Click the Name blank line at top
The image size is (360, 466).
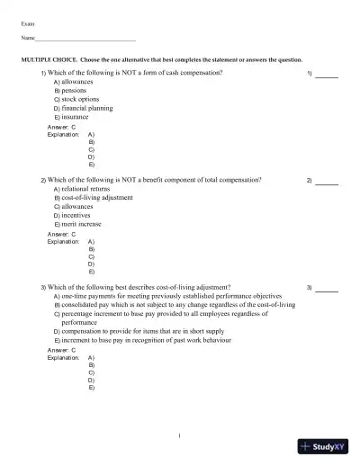click(x=85, y=40)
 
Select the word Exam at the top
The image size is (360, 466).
click(x=29, y=20)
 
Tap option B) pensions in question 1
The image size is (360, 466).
click(x=73, y=90)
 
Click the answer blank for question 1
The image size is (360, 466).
click(x=326, y=74)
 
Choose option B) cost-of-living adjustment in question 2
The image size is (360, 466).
click(x=94, y=198)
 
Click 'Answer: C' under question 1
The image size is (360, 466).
click(x=60, y=127)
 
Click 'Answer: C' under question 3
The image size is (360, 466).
click(x=60, y=351)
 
